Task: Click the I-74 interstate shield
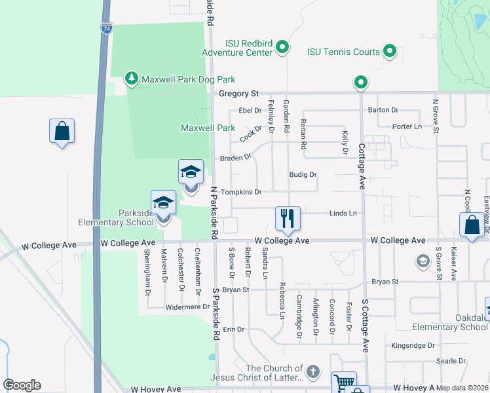(106, 29)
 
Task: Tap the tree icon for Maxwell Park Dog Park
(132, 79)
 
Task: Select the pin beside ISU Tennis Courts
(390, 51)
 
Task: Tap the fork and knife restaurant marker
(288, 218)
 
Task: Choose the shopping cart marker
(345, 383)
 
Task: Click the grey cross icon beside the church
(313, 371)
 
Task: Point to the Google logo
(22, 385)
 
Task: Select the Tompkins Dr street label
(241, 193)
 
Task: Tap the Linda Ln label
(343, 213)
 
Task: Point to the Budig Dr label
(303, 175)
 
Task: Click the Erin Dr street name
(233, 329)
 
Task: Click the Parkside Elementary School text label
(117, 217)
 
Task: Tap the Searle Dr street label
(451, 361)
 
